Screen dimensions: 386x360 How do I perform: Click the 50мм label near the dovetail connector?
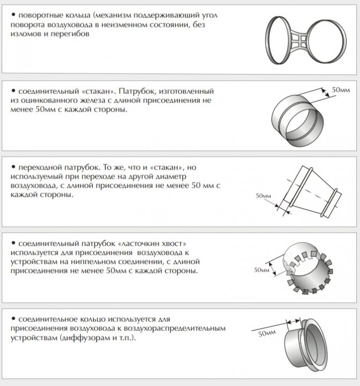[x=261, y=269]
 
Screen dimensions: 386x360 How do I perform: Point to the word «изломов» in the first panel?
[x=25, y=34]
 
